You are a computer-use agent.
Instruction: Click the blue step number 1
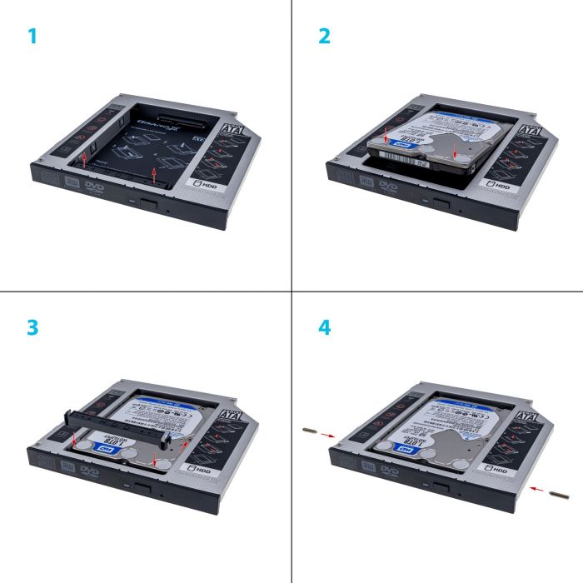pos(32,37)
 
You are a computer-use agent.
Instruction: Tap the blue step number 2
pos(325,37)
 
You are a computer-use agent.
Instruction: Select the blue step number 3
pos(32,327)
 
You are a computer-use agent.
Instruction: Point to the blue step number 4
pos(325,327)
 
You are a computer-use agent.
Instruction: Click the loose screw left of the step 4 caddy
pos(309,431)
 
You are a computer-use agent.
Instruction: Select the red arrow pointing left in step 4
pos(536,490)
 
